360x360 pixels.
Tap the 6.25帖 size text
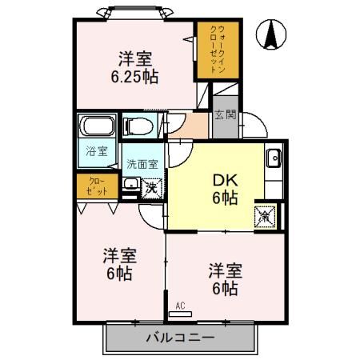tap(134, 77)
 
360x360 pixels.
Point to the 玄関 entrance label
tap(226, 115)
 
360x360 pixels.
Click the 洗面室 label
tap(142, 164)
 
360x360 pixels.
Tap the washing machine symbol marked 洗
tap(152, 190)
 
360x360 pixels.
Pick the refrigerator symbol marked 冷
tap(265, 214)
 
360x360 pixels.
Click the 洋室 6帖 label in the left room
tap(119, 265)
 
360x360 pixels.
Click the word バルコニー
tap(180, 338)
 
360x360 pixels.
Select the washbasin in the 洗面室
tap(132, 186)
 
